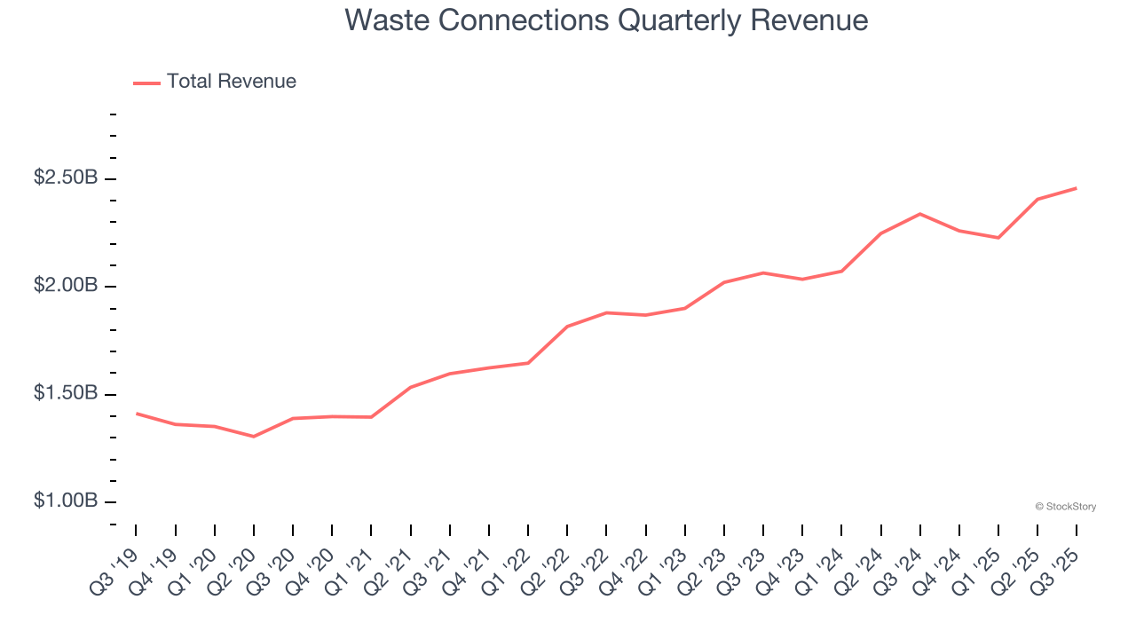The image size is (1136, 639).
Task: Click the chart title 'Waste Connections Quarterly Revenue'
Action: click(606, 20)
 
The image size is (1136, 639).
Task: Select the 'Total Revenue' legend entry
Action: click(231, 82)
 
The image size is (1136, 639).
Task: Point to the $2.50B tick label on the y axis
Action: click(66, 177)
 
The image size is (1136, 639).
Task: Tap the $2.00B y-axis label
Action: click(66, 286)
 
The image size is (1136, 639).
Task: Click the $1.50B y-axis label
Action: click(66, 393)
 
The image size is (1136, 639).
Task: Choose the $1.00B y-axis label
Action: click(66, 501)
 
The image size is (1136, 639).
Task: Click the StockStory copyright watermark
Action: click(1065, 507)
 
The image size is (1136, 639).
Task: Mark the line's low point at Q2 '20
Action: click(254, 437)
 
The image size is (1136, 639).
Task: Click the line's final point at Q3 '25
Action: click(1076, 188)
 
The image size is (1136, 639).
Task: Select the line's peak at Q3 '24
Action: click(919, 214)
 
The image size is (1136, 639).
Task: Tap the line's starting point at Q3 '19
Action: click(137, 414)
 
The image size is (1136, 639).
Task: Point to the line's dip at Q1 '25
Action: click(998, 238)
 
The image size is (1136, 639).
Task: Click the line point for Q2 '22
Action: click(567, 327)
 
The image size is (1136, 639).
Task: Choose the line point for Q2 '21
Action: click(411, 387)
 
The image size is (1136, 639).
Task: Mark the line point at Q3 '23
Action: click(763, 272)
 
